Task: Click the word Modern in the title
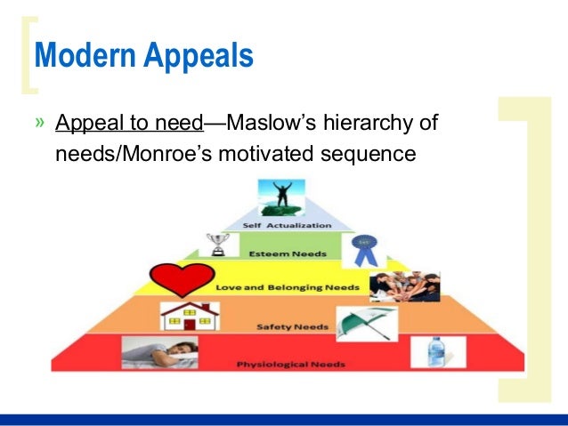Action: (x=77, y=56)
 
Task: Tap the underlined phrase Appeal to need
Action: (x=129, y=123)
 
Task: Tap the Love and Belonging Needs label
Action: (x=288, y=287)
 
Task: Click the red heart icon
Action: (x=183, y=278)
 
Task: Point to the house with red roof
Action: (x=188, y=317)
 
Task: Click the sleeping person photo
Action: (x=158, y=352)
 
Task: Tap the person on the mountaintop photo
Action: (x=280, y=197)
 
